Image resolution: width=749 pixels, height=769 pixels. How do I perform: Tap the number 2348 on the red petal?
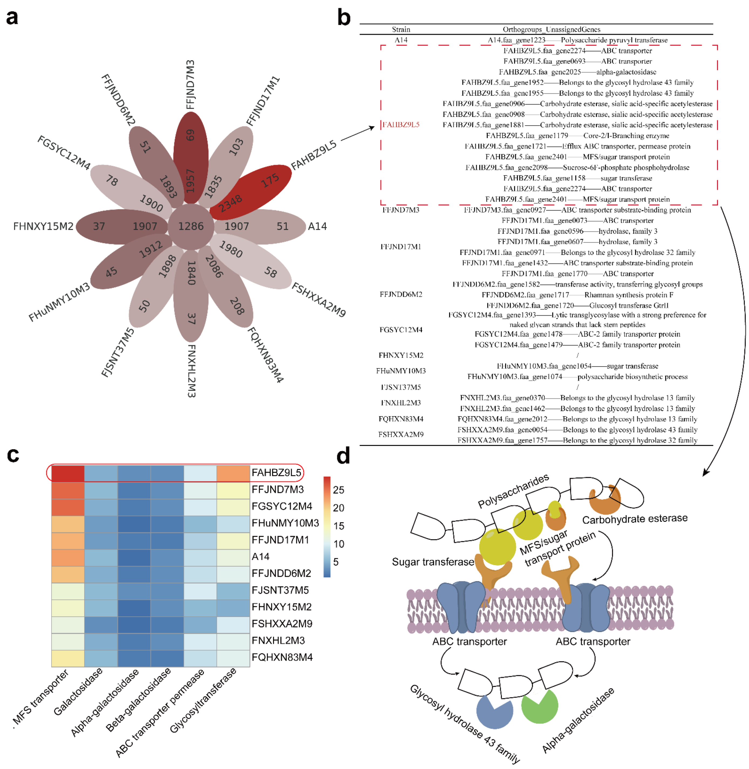(x=230, y=203)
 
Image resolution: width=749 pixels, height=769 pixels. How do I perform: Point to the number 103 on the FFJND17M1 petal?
(x=236, y=147)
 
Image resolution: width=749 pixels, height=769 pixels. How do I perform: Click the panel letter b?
(x=344, y=18)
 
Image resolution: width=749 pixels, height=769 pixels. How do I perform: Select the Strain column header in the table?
(x=401, y=29)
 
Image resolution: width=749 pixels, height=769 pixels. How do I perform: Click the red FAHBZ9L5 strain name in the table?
(x=401, y=125)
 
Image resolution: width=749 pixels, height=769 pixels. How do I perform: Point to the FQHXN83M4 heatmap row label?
(x=282, y=658)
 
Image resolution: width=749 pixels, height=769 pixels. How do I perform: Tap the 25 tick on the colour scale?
(x=338, y=490)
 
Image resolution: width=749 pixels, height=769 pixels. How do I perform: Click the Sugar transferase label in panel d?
(x=433, y=562)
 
